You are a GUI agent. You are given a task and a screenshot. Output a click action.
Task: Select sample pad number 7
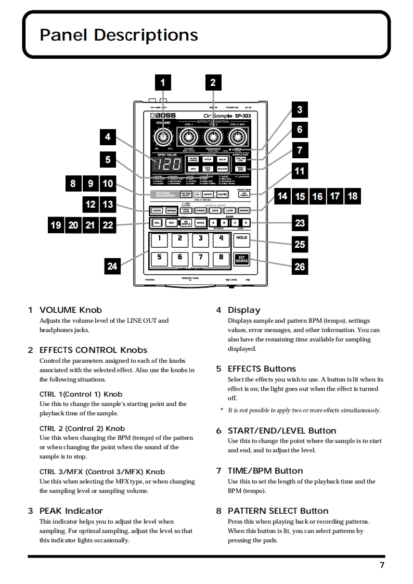point(201,257)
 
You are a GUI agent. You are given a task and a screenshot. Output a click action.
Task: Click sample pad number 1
point(159,239)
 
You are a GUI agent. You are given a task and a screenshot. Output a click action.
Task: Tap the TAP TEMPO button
point(243,194)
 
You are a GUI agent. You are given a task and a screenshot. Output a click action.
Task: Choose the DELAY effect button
point(222,160)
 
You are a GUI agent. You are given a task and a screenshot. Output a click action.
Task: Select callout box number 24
point(112,266)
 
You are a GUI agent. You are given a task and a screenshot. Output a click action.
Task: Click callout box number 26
point(300,266)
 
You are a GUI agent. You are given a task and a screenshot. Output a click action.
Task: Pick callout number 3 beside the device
point(300,109)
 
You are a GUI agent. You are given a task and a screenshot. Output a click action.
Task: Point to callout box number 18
point(353,196)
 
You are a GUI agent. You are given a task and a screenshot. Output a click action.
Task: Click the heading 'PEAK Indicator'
point(71,511)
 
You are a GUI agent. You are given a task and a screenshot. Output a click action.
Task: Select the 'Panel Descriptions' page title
point(119,35)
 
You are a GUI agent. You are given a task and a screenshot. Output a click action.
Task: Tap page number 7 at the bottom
point(382,566)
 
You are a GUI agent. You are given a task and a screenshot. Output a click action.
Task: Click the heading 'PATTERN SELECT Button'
point(278,511)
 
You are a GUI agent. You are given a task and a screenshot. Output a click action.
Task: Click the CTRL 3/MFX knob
point(238,137)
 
